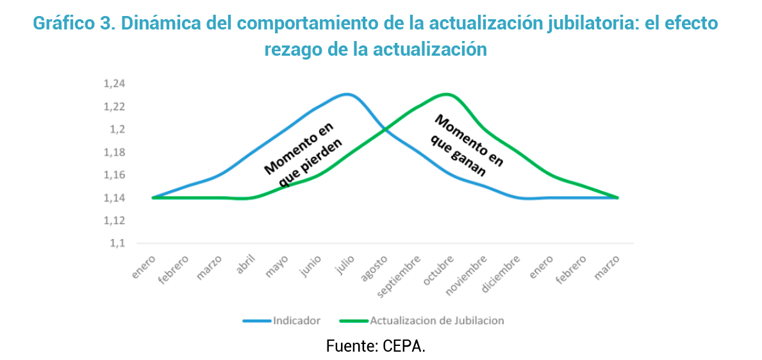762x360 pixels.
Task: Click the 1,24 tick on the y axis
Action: click(x=115, y=84)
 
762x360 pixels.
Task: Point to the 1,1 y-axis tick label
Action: click(x=119, y=243)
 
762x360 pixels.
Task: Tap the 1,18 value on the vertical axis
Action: click(x=115, y=152)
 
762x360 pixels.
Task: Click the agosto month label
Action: click(x=376, y=267)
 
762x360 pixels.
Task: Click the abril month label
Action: click(x=247, y=264)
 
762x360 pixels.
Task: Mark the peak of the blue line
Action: click(x=347, y=94)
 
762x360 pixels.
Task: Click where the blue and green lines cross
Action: click(x=385, y=130)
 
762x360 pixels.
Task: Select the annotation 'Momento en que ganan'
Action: click(x=465, y=145)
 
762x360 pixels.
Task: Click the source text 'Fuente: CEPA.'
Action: click(x=376, y=347)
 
